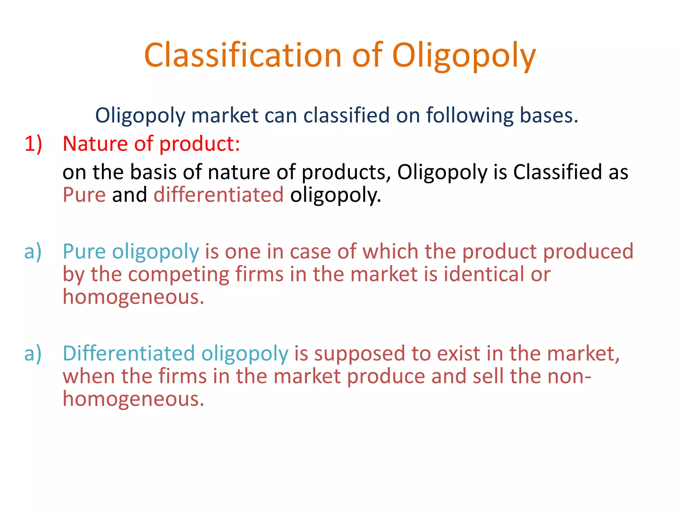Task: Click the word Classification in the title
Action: [x=243, y=55]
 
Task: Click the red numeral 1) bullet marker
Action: [x=33, y=144]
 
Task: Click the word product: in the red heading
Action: [x=199, y=144]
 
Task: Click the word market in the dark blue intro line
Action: [x=225, y=115]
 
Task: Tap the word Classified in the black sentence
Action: [x=557, y=172]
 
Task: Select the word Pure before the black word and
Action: [x=84, y=195]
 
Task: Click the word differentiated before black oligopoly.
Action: [x=218, y=195]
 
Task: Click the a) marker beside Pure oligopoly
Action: [x=33, y=251]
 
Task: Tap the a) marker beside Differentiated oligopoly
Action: [x=33, y=353]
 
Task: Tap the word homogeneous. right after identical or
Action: [x=133, y=297]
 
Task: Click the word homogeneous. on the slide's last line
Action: [x=133, y=399]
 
